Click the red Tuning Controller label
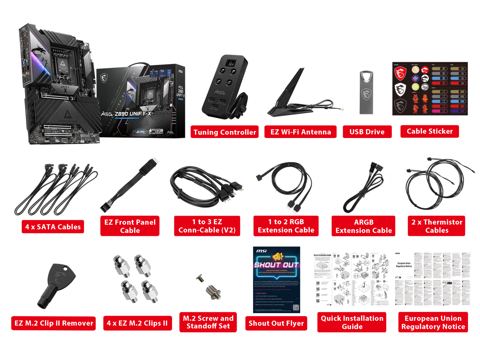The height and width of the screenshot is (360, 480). click(225, 132)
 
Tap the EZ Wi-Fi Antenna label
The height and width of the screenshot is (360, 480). click(300, 132)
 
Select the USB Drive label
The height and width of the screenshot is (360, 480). click(367, 132)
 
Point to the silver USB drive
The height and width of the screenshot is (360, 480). click(366, 92)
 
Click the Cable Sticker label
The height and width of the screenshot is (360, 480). click(429, 131)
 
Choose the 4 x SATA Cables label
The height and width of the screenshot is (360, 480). click(53, 227)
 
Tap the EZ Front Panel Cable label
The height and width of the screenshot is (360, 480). click(130, 226)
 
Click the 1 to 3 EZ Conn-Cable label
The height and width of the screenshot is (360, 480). click(207, 226)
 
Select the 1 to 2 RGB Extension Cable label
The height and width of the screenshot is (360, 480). click(286, 226)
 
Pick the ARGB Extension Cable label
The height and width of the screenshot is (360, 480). click(363, 226)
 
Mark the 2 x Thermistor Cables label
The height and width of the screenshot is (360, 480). click(436, 226)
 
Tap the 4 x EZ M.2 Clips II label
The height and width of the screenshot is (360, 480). click(137, 323)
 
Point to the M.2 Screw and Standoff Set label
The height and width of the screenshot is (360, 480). click(208, 322)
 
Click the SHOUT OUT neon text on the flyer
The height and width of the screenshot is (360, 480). click(276, 265)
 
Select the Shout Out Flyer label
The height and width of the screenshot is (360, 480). click(276, 323)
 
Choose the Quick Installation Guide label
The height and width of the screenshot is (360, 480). click(352, 322)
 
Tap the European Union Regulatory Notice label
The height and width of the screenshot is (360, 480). click(433, 322)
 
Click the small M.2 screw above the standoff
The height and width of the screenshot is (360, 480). click(200, 278)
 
